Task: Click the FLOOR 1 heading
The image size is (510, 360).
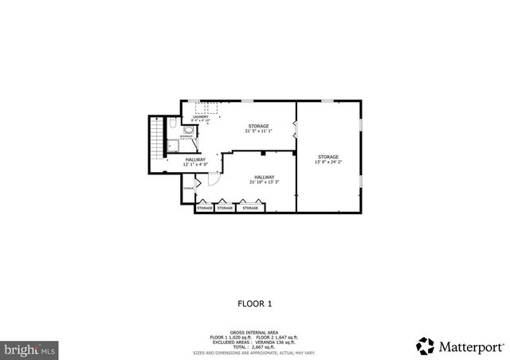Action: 255,303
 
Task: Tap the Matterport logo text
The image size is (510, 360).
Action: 469,346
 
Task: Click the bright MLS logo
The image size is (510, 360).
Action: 29,349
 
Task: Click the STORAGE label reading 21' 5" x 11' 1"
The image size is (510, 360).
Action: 257,128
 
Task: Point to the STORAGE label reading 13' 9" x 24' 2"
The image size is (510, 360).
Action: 328,159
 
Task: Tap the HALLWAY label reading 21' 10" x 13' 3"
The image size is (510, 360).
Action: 265,179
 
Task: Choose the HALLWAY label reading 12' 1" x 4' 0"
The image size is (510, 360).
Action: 195,162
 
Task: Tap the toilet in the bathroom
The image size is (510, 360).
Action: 174,126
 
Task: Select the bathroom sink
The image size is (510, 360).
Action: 187,128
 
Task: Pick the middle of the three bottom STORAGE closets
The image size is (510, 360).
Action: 226,208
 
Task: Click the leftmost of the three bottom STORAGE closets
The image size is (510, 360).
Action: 205,208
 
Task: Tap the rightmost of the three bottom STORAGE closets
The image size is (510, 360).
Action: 250,208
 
